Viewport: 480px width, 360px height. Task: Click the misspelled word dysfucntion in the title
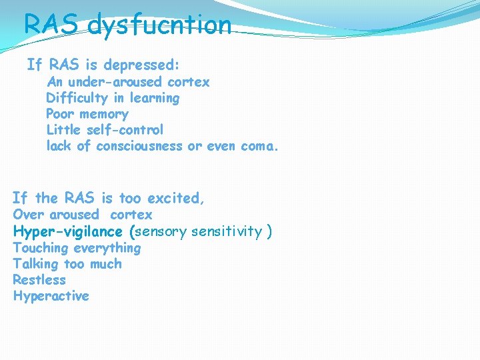point(159,25)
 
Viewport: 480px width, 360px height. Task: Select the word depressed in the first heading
point(143,65)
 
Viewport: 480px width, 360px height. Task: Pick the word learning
point(154,98)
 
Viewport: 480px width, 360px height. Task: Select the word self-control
point(125,130)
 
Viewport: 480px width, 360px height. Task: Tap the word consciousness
point(139,146)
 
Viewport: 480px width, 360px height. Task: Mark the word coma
point(257,146)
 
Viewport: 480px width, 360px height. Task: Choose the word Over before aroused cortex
point(29,215)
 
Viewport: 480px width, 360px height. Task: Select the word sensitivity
point(226,231)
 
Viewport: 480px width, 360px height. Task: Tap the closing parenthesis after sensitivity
point(269,231)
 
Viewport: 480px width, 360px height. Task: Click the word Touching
point(41,248)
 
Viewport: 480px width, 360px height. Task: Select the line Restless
point(39,280)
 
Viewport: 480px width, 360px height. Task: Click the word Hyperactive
point(51,296)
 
